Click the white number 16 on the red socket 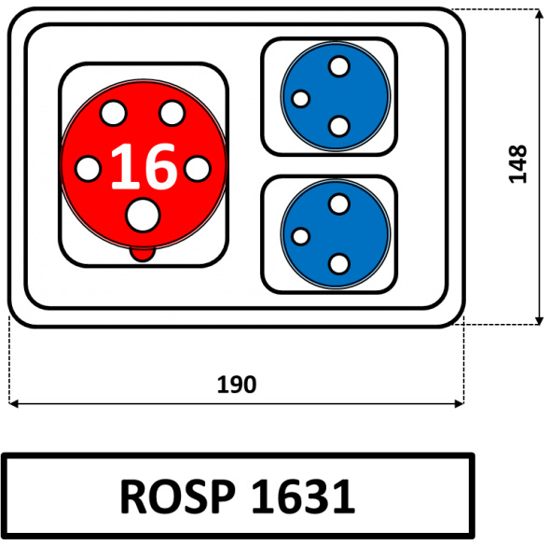tap(144, 166)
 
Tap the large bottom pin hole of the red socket tap(143, 215)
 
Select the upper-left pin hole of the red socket tap(114, 113)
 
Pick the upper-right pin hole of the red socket tap(172, 113)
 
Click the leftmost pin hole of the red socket tap(89, 169)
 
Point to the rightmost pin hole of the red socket tap(198, 169)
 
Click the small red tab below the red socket tap(143, 254)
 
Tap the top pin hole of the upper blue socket tap(338, 66)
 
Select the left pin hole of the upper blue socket tap(301, 99)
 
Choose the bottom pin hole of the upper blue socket tap(338, 126)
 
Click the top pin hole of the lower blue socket tap(338, 203)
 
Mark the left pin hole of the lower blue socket tap(301, 236)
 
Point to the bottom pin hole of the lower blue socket tap(338, 264)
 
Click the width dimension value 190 tap(237, 385)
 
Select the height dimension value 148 tap(517, 164)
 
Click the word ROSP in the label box tap(178, 497)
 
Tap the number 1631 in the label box tap(304, 497)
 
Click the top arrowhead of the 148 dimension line tap(540, 13)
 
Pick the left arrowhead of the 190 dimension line tap(13, 404)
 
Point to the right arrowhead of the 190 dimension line tap(460, 404)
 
